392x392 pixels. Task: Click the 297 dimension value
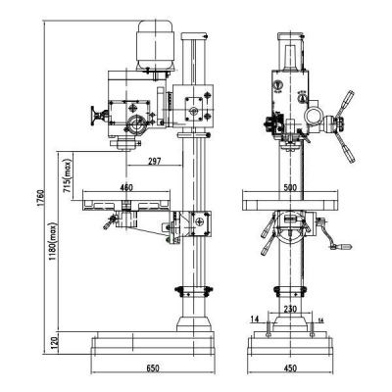150,161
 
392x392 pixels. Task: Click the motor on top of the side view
155,46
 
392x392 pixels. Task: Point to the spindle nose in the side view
124,145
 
